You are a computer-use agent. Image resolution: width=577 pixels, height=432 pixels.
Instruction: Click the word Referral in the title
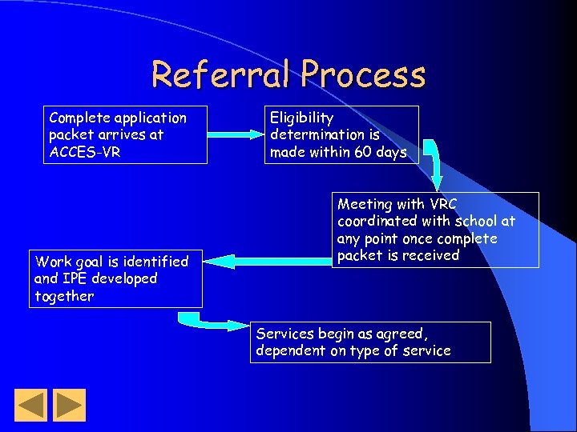(222, 75)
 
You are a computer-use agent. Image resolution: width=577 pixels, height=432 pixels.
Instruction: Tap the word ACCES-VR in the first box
(84, 152)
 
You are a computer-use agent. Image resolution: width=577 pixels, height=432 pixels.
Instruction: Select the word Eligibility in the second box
(301, 118)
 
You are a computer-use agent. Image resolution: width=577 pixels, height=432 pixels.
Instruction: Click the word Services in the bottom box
(284, 334)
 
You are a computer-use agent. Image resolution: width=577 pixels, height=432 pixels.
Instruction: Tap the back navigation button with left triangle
(31, 405)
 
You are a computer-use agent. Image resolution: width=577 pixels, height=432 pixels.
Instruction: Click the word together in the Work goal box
(64, 296)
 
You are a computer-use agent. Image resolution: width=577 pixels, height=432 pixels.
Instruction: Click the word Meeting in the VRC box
(365, 204)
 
